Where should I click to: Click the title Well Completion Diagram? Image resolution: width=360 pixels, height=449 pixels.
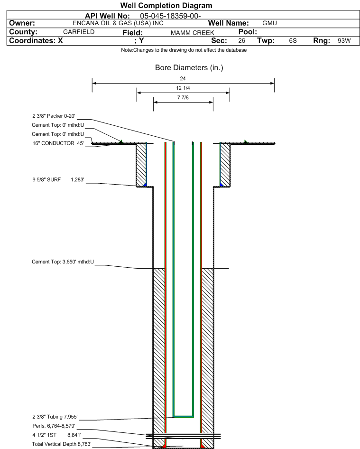[x=166, y=5]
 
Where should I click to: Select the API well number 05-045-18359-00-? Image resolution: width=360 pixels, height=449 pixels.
[x=170, y=16]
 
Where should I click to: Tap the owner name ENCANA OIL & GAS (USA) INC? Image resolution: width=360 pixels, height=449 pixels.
[x=118, y=23]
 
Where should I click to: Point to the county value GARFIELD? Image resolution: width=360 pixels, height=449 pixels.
[x=79, y=32]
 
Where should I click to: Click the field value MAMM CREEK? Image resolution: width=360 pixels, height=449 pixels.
[x=192, y=33]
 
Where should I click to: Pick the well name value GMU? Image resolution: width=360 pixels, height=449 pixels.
[x=269, y=23]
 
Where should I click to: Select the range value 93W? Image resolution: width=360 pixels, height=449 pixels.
[x=344, y=41]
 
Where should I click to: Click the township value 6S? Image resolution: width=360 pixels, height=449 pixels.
[x=293, y=41]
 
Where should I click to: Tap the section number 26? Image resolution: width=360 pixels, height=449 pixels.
[x=241, y=41]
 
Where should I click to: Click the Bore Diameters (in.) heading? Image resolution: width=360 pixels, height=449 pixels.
[x=189, y=67]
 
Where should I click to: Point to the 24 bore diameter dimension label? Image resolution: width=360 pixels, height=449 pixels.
[x=183, y=78]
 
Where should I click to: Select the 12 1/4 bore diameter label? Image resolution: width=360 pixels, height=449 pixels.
[x=183, y=88]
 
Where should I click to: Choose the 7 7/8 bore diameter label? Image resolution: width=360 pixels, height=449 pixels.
[x=183, y=97]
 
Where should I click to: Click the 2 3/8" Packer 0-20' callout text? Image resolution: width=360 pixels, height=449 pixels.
[x=54, y=116]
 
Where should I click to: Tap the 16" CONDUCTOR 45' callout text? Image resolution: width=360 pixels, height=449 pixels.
[x=58, y=143]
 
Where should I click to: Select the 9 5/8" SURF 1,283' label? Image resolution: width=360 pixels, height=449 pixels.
[x=58, y=179]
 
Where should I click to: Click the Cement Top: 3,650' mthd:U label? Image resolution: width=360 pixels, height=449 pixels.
[x=63, y=262]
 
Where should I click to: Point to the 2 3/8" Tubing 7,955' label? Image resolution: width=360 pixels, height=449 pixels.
[x=55, y=417]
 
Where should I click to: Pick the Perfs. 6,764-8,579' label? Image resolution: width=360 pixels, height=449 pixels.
[x=54, y=426]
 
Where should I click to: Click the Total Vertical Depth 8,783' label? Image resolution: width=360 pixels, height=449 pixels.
[x=62, y=444]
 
